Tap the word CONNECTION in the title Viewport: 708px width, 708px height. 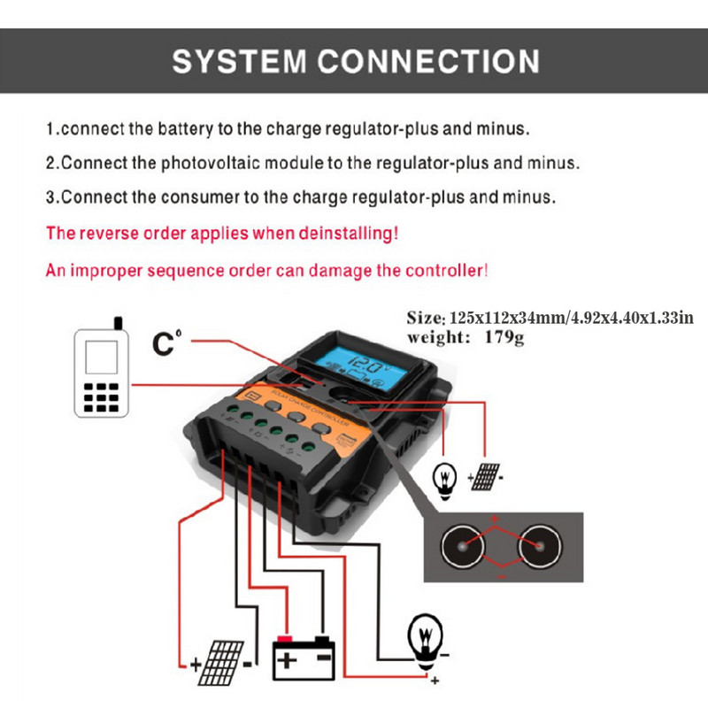(x=427, y=61)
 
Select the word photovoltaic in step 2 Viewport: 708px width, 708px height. (x=225, y=164)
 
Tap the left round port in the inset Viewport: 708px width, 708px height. (x=464, y=547)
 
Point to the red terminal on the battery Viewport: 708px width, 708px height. (x=285, y=638)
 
